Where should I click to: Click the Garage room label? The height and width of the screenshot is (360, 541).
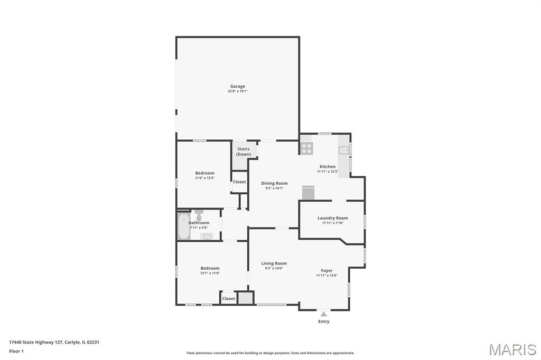[238, 86]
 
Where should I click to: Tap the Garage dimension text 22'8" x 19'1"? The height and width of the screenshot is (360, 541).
[238, 91]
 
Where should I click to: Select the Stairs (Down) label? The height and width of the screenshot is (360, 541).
[244, 151]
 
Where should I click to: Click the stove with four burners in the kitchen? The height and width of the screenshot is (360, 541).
[306, 148]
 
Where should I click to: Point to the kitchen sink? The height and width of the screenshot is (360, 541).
[343, 150]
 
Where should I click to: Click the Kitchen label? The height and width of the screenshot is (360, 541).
[328, 167]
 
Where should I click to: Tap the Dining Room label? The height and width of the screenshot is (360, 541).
[274, 183]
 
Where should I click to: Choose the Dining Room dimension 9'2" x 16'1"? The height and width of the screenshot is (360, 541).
[274, 188]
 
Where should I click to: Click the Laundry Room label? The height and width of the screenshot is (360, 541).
[333, 218]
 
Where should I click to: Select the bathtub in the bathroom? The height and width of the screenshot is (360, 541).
[183, 226]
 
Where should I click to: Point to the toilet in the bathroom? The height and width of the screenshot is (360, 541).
[199, 215]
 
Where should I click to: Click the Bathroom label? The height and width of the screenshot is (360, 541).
[199, 223]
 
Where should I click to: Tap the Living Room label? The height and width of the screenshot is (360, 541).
[274, 263]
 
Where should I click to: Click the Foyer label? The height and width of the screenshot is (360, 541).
[327, 271]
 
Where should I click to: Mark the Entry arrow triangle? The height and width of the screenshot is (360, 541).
[324, 314]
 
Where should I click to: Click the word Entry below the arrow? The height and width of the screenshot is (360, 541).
[324, 321]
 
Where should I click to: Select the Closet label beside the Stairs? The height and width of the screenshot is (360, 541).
[239, 182]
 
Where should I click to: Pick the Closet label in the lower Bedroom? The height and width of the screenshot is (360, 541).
[228, 299]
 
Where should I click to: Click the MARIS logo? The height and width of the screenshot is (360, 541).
[512, 349]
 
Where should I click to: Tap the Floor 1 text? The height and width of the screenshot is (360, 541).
[16, 352]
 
